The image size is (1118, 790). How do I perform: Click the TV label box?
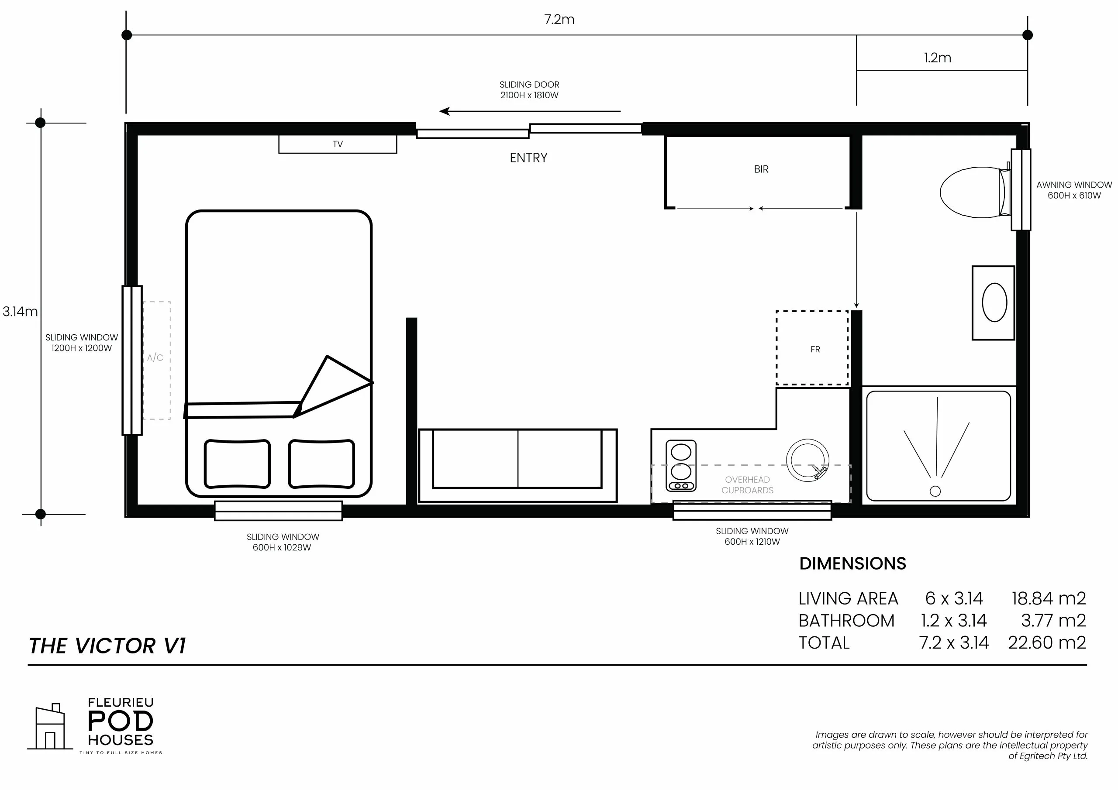338,144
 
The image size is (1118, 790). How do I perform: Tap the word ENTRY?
528,158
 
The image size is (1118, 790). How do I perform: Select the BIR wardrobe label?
761,169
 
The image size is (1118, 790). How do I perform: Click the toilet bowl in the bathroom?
971,192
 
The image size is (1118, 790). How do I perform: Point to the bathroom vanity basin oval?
994,302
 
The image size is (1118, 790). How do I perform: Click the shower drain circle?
935,491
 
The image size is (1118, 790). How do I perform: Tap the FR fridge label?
815,350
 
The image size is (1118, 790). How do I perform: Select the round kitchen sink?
807,460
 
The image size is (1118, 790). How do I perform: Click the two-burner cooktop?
681,465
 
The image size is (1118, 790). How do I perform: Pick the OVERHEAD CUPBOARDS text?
747,485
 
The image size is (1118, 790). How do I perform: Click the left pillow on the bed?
237,464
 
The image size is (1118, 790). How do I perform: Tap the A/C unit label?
155,358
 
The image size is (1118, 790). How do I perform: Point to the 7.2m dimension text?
559,20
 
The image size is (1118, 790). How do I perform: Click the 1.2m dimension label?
937,58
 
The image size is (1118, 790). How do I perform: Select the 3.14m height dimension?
20,312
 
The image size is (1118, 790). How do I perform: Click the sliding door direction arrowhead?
444,111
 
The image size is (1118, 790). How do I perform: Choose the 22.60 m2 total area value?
1047,642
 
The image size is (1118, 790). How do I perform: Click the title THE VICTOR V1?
107,646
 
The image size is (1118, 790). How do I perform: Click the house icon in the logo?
50,727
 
